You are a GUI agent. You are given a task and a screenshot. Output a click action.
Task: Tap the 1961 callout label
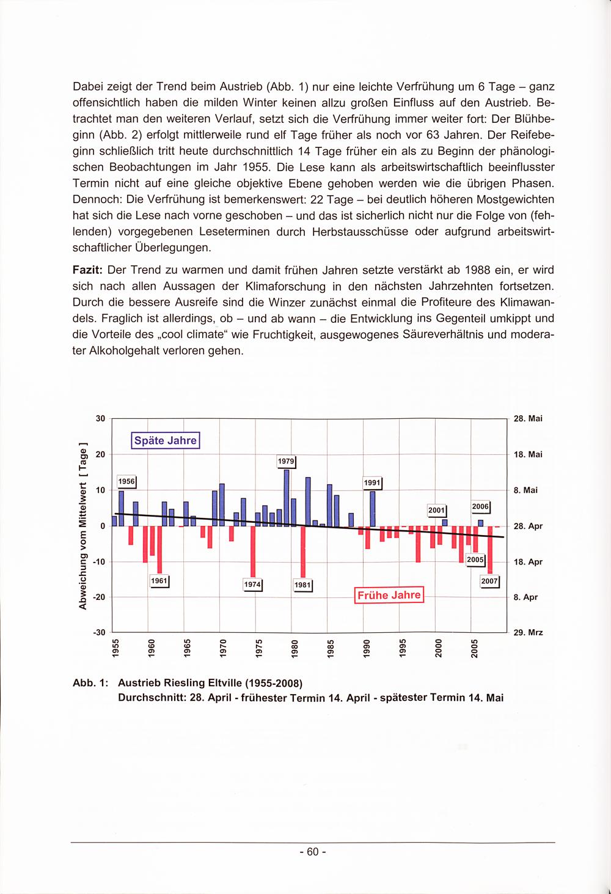[x=159, y=580]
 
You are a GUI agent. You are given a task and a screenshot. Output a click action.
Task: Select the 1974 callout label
[x=252, y=585]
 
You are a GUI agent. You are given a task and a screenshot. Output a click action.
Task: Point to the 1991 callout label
[x=372, y=482]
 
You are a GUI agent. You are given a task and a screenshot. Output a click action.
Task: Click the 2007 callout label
[x=490, y=581]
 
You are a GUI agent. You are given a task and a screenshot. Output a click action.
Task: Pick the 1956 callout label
[x=126, y=481]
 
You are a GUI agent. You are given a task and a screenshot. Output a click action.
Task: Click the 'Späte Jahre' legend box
[x=166, y=440]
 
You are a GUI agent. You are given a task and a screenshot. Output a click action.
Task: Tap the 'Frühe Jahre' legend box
[x=389, y=595]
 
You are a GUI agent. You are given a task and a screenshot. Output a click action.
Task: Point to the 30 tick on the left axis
[x=101, y=419]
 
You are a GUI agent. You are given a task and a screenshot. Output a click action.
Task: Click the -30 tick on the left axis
[x=99, y=632]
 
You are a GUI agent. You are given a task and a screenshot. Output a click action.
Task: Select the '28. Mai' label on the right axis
[x=527, y=419]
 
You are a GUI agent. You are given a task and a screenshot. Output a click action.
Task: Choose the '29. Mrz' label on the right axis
[x=528, y=632]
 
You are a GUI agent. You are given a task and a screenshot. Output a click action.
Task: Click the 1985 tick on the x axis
[x=331, y=648]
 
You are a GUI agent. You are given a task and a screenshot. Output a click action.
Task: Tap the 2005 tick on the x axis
[x=474, y=648]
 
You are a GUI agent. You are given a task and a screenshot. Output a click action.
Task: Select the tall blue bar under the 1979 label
[x=287, y=498]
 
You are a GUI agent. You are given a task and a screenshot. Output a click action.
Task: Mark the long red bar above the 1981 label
[x=302, y=552]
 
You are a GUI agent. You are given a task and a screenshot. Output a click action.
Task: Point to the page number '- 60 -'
[x=313, y=852]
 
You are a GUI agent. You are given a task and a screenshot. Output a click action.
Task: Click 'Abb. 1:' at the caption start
[x=90, y=682]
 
